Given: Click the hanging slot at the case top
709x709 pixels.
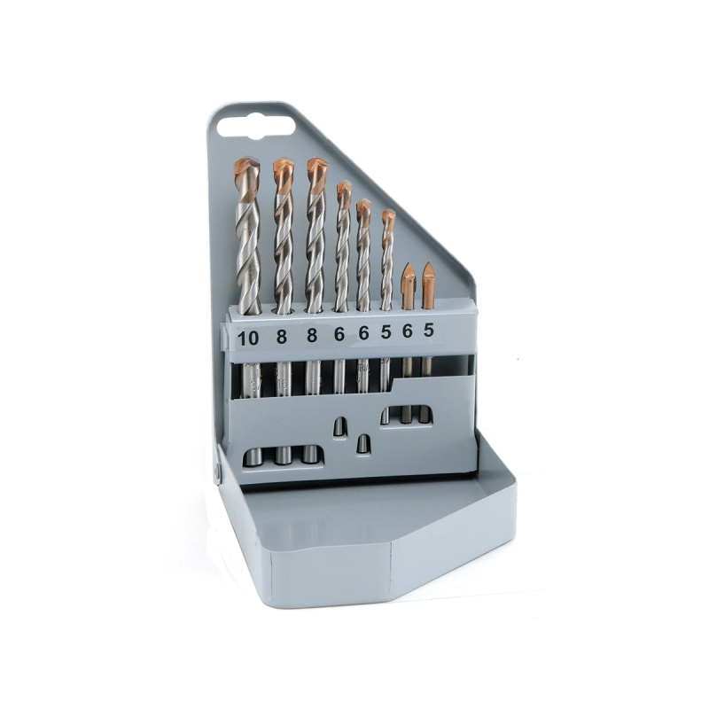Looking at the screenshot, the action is (256, 126).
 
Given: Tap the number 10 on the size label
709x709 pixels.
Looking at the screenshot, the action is (248, 338).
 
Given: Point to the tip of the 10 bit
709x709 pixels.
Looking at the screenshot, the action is (247, 160).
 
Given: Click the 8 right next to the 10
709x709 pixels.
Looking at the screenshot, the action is (281, 337).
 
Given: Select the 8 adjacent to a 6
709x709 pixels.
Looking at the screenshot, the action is (312, 336).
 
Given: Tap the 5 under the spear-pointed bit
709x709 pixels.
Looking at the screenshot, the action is (429, 330).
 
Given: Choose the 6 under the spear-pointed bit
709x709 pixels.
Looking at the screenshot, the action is (408, 331).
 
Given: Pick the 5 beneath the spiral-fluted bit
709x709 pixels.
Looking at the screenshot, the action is (386, 331).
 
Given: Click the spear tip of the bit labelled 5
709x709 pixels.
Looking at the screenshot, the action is (429, 263).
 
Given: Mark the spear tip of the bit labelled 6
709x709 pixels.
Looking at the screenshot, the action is (409, 264).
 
